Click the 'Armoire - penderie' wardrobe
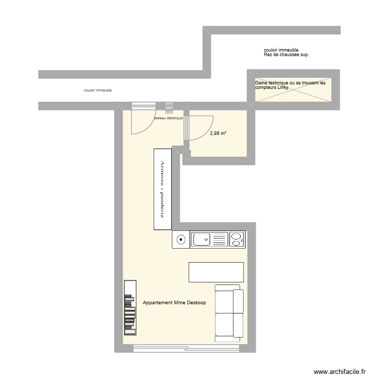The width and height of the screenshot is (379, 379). click(x=163, y=189)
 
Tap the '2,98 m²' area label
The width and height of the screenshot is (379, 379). click(x=218, y=133)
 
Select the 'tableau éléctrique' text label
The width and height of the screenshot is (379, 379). click(x=168, y=118)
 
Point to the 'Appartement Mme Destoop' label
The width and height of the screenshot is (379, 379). click(x=174, y=303)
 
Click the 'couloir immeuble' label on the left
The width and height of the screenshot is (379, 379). click(x=98, y=90)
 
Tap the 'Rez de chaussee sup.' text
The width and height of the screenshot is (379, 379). click(x=287, y=55)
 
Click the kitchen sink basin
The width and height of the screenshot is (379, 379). click(x=201, y=240)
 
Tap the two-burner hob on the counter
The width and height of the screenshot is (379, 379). click(x=236, y=240)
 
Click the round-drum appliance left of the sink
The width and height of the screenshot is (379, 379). click(x=180, y=240)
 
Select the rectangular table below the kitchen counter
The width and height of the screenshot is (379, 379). click(x=216, y=272)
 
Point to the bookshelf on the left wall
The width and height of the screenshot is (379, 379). click(x=130, y=308)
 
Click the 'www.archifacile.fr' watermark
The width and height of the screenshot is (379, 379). click(x=339, y=371)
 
